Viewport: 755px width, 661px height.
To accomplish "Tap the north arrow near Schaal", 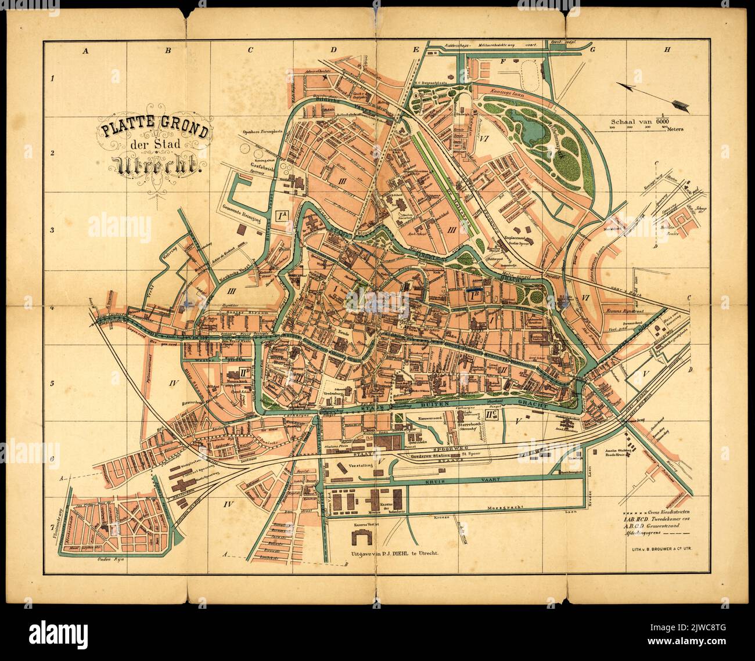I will [x=651, y=95].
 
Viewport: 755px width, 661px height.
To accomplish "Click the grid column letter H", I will [x=667, y=50].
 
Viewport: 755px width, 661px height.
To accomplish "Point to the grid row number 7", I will [x=52, y=526].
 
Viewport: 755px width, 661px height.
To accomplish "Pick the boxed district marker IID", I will [x=234, y=373].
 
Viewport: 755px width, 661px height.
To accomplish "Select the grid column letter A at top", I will [x=86, y=50].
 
